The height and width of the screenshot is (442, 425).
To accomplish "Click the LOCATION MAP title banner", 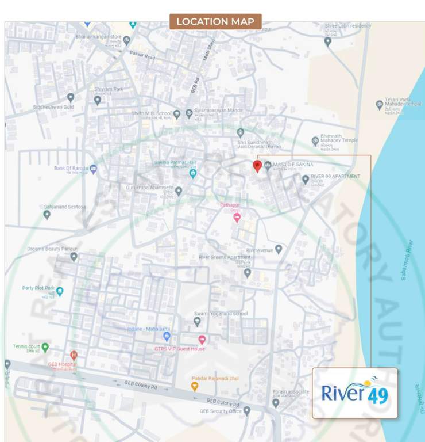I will [215, 22].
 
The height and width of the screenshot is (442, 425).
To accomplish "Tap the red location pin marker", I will [257, 166].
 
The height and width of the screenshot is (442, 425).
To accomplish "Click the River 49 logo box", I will [354, 393].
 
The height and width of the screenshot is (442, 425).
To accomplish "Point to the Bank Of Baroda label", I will [71, 169].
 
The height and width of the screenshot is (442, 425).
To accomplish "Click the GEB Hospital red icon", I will [74, 355].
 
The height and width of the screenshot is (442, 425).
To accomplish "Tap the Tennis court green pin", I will [45, 347].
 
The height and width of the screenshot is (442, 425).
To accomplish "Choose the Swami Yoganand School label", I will [221, 314].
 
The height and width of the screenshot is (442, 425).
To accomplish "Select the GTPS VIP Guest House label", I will [179, 349].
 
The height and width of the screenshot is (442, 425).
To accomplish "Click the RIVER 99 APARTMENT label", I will [335, 176].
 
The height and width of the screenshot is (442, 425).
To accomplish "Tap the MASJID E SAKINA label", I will [293, 165].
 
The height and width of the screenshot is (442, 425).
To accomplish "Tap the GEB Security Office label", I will [220, 411].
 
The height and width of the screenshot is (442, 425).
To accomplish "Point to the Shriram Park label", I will [109, 90].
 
